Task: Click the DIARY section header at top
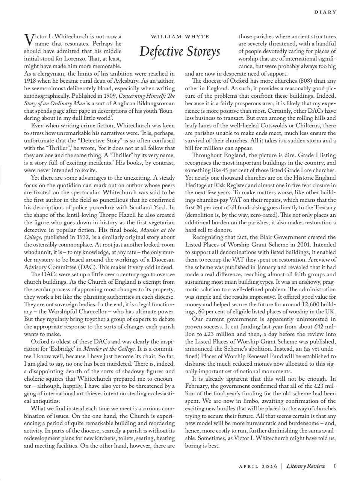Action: click(x=325, y=12)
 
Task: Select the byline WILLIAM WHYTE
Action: click(x=180, y=37)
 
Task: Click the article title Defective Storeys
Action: click(x=180, y=51)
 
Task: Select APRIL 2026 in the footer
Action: click(x=258, y=466)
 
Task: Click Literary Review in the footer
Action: click(x=306, y=466)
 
